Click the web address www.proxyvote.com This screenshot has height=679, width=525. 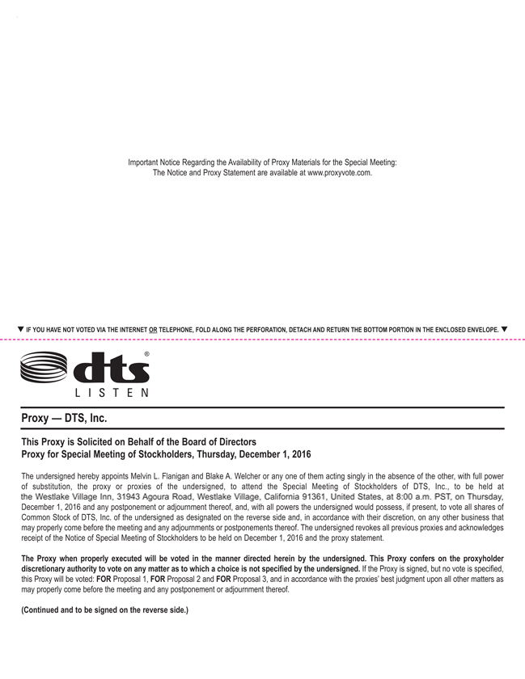click(x=339, y=173)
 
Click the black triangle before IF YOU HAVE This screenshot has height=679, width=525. click(x=20, y=329)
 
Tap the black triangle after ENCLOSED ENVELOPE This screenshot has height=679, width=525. click(x=504, y=329)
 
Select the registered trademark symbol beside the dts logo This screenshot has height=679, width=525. click(x=146, y=355)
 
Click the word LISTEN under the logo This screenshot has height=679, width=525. click(x=110, y=394)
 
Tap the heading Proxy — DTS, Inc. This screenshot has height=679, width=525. click(x=64, y=418)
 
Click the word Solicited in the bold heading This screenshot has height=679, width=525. click(x=103, y=441)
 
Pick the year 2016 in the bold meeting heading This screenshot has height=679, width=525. click(x=297, y=454)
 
